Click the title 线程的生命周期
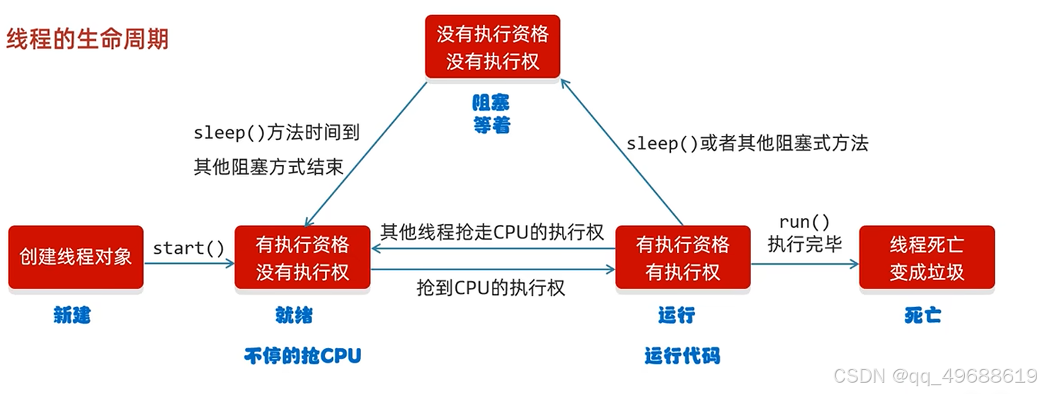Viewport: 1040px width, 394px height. (x=88, y=39)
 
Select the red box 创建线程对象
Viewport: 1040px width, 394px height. (x=76, y=257)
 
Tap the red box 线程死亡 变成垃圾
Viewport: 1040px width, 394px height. (x=927, y=257)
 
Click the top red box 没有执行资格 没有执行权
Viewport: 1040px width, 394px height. (x=492, y=47)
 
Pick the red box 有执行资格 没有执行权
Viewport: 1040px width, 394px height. (x=302, y=257)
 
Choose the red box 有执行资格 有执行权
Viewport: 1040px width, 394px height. (x=682, y=257)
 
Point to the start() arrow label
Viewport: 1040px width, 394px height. (x=188, y=248)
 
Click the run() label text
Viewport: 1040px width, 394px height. (x=804, y=222)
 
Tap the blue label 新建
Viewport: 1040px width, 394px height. (x=72, y=315)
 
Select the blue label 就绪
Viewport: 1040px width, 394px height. (x=294, y=315)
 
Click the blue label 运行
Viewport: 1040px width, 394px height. (x=676, y=315)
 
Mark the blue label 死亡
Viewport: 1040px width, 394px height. (x=922, y=315)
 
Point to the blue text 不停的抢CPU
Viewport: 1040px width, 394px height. (x=302, y=355)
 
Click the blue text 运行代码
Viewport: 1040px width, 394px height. (x=682, y=355)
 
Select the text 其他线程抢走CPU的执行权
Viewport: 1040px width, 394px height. (x=492, y=232)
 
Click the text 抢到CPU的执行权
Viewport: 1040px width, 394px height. (x=491, y=287)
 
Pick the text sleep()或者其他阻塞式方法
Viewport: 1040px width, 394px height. (x=747, y=144)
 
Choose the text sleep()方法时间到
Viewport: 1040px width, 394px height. (x=277, y=132)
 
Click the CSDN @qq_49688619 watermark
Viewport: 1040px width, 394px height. (x=935, y=375)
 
